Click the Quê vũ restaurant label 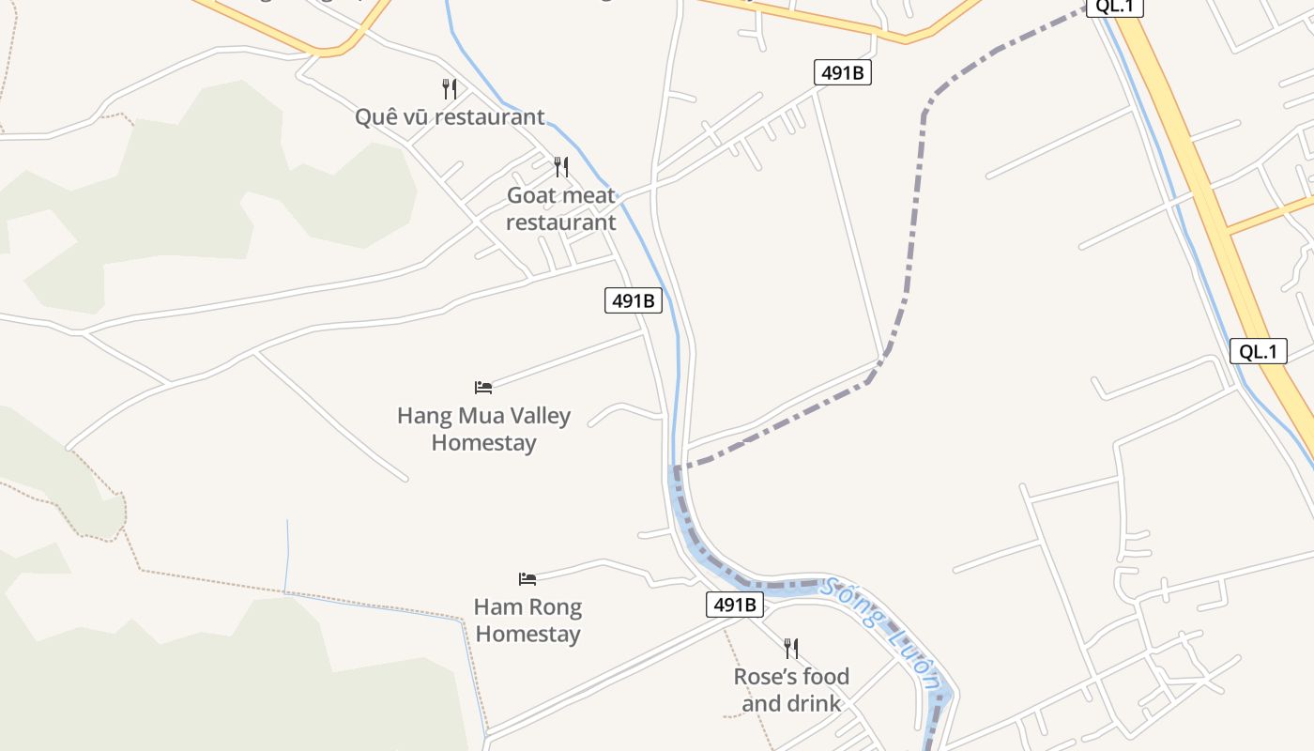[450, 117]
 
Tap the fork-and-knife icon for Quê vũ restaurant [450, 89]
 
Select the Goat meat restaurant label [561, 209]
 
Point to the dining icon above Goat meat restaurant [561, 167]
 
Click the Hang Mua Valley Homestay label [483, 429]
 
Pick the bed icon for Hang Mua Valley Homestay [483, 387]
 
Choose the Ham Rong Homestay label [527, 621]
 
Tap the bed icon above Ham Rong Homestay [527, 578]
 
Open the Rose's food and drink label [791, 690]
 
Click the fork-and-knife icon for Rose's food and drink [791, 648]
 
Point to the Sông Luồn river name [879, 634]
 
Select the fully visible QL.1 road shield [1258, 352]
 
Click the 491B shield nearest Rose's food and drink [734, 605]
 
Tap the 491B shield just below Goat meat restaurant [633, 301]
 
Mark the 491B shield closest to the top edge [842, 72]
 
